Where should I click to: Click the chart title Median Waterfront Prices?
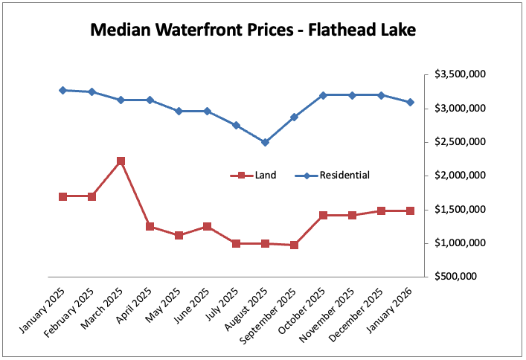tap(253, 30)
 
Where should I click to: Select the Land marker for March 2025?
tap(121, 161)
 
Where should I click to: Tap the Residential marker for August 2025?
tap(265, 142)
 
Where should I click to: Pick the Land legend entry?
tap(254, 176)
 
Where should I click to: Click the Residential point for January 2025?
tap(62, 90)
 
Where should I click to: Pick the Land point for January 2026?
tap(410, 210)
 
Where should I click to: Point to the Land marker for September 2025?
tap(294, 245)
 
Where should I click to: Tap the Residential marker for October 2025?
tap(323, 95)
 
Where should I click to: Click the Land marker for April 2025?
tap(150, 226)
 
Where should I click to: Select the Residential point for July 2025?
tap(236, 125)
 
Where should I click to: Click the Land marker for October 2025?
tap(323, 215)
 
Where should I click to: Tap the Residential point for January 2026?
tap(410, 102)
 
